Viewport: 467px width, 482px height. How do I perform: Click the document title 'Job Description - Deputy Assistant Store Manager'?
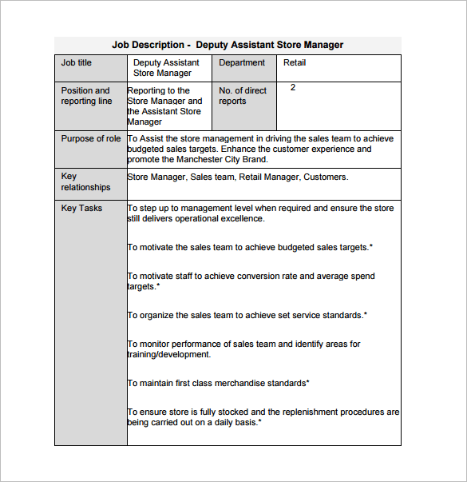[228, 45]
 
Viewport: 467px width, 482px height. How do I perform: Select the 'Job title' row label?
[77, 62]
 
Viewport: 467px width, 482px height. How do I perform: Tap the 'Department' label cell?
[242, 62]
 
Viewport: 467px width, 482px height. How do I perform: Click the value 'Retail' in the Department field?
[295, 62]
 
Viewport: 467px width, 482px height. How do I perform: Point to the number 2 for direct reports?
[293, 87]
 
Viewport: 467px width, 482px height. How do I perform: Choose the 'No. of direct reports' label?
[243, 96]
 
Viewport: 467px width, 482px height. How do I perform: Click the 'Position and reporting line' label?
[86, 96]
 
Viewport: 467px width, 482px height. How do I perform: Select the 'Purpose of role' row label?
[91, 138]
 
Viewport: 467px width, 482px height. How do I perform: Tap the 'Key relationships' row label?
[85, 181]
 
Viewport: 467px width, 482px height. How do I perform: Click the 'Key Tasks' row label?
[81, 208]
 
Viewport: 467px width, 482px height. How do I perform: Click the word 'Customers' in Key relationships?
[325, 177]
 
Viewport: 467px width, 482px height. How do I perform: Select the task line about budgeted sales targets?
[250, 247]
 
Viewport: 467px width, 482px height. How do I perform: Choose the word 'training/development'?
[169, 354]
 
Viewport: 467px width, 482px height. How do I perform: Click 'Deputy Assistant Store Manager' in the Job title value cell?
[166, 68]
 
